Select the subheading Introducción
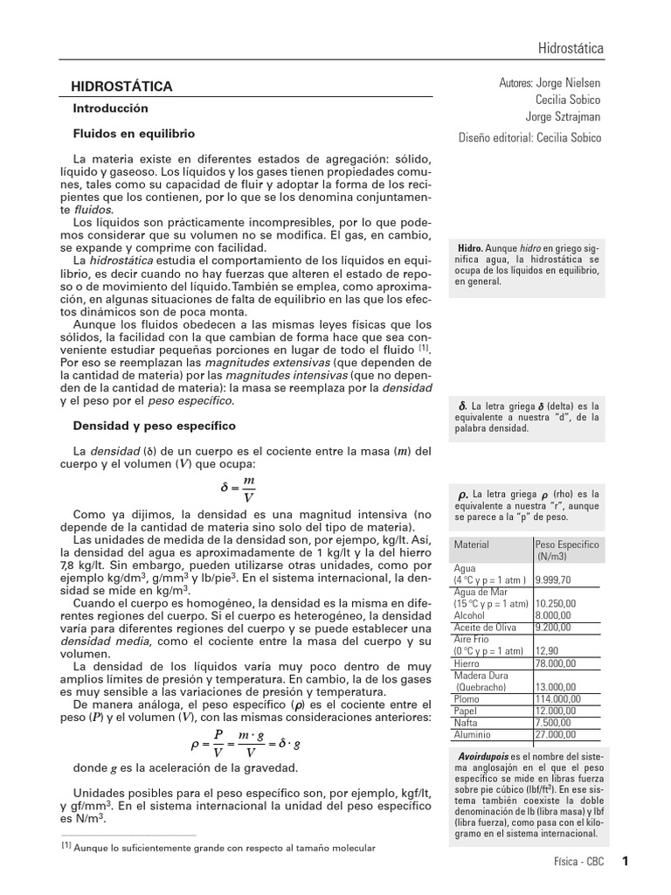[x=111, y=108]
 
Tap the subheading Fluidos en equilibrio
[x=134, y=134]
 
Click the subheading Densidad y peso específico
[x=155, y=426]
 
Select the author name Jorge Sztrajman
[x=563, y=116]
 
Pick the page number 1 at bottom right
[x=626, y=861]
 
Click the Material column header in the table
[x=471, y=544]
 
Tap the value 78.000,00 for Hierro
[x=555, y=663]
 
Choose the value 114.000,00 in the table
[x=557, y=699]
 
